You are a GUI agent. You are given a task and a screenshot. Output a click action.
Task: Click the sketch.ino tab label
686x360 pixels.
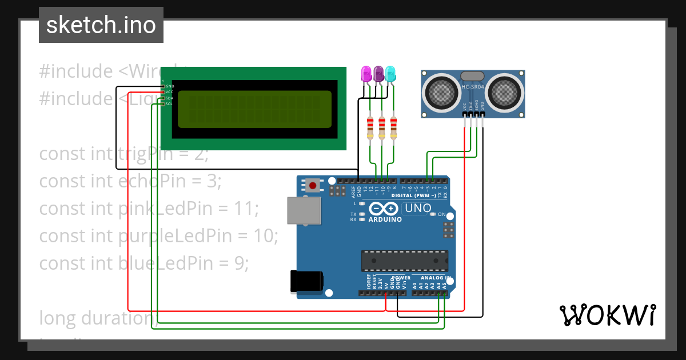[x=101, y=25]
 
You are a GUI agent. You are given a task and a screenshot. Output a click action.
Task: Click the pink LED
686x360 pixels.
[x=366, y=74]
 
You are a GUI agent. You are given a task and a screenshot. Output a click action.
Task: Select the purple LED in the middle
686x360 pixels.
[x=378, y=73]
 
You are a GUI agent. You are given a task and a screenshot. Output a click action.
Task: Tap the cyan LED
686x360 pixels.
[x=390, y=73]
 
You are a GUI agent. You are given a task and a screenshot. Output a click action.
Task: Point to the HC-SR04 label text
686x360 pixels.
[x=473, y=86]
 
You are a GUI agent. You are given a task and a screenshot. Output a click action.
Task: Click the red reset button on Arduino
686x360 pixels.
[x=313, y=185]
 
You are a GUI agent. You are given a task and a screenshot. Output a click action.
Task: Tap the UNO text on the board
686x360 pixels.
[x=418, y=208]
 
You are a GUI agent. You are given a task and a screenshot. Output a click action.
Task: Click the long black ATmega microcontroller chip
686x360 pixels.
[x=405, y=260]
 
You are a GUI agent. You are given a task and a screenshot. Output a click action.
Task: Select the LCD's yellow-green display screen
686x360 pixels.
[x=254, y=109]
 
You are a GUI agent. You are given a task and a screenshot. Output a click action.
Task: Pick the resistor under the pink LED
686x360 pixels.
[x=370, y=127]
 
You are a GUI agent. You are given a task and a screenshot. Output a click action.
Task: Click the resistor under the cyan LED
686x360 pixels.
[x=393, y=127]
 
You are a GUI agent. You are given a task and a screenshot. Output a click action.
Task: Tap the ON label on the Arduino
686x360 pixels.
[x=441, y=215]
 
